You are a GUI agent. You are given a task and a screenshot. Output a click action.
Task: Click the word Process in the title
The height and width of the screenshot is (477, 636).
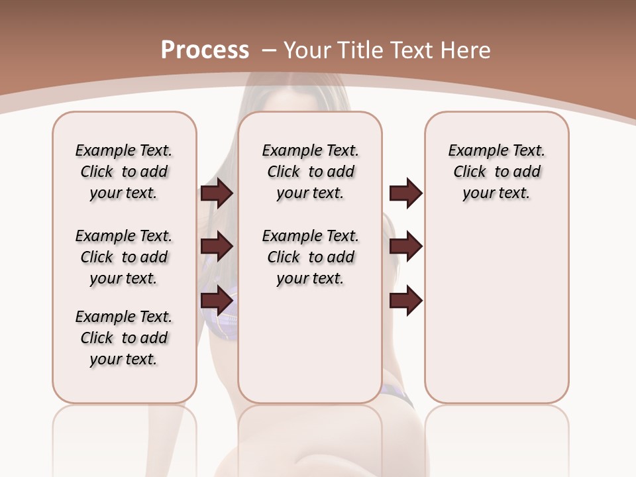(x=205, y=50)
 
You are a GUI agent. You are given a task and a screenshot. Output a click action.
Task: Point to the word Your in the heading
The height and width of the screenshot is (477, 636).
(x=305, y=50)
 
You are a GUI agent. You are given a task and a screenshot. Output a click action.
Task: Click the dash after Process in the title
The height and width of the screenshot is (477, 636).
(x=268, y=51)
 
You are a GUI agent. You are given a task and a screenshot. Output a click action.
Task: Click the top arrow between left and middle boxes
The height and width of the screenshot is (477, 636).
(x=217, y=193)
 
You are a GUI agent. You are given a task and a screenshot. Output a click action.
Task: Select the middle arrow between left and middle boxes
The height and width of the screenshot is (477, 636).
(x=217, y=246)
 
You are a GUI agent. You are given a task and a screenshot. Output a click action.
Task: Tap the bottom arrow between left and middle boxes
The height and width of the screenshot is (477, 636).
(x=217, y=300)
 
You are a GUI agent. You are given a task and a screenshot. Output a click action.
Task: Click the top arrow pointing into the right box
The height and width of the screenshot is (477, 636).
(x=405, y=193)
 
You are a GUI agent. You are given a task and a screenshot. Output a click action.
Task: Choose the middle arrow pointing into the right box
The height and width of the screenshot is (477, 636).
(x=405, y=246)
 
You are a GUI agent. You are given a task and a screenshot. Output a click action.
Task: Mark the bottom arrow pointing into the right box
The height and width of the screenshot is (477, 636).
(x=405, y=300)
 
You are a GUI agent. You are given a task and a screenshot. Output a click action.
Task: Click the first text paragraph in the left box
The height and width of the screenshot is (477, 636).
(x=124, y=172)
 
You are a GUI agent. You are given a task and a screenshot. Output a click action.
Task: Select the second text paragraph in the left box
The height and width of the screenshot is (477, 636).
(x=124, y=257)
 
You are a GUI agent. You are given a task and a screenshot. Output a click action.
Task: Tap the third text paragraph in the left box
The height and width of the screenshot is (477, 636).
(x=124, y=338)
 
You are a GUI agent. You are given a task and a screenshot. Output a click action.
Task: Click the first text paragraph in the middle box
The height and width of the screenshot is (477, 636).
(x=310, y=172)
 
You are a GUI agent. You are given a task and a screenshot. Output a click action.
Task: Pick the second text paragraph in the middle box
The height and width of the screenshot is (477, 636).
(x=310, y=257)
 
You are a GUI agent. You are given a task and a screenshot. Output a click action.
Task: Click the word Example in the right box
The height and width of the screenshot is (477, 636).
(x=472, y=151)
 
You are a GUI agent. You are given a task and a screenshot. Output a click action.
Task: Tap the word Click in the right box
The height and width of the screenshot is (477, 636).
(x=470, y=172)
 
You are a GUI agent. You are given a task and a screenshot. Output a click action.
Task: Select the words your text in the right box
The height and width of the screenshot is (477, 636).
(x=496, y=193)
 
